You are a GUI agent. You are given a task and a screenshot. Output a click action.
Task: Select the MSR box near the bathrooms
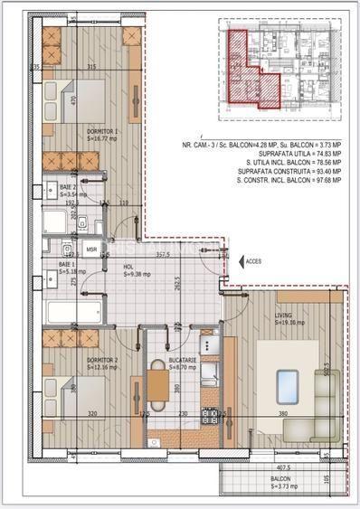click(x=91, y=249)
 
